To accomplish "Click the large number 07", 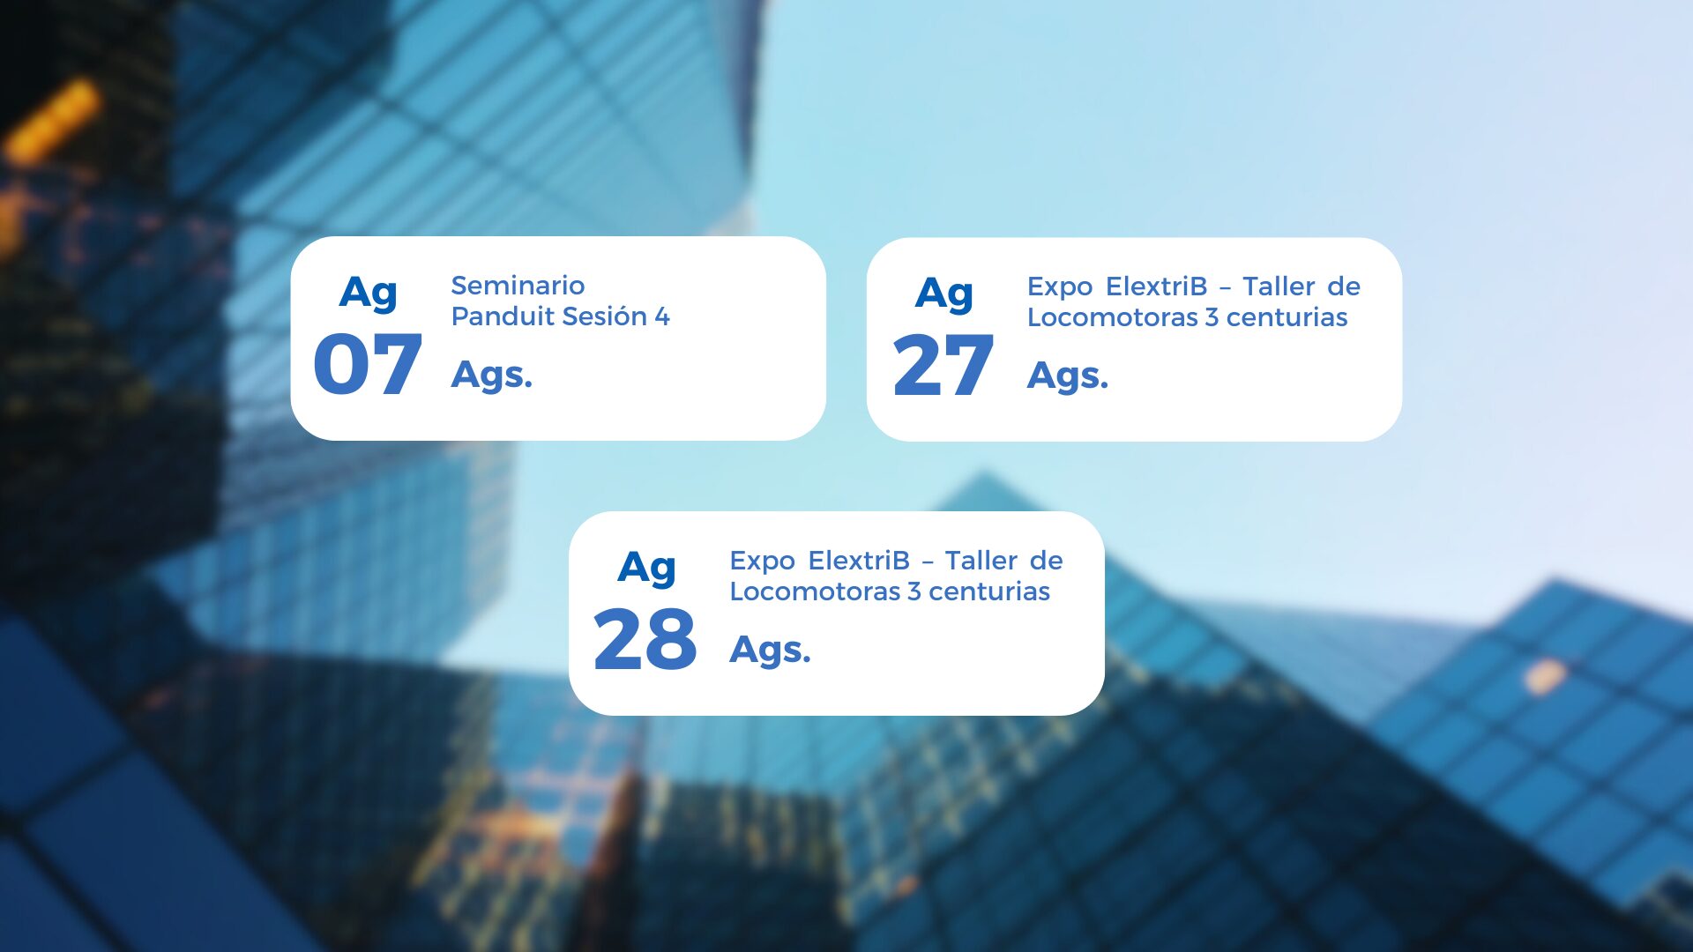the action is [368, 364].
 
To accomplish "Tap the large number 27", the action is [943, 365].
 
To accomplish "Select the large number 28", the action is [645, 639].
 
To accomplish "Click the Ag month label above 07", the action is [369, 293].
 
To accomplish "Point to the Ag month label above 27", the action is [944, 294].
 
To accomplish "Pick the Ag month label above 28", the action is [647, 568].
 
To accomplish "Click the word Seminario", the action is [518, 286].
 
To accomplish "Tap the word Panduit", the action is [503, 316].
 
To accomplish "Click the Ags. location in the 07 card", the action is [492, 376].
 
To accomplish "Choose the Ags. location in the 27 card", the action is [1068, 376].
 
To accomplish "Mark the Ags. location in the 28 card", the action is [770, 651].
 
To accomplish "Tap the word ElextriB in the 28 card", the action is [859, 561].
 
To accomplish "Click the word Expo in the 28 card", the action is [763, 562].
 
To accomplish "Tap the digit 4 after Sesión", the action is [662, 316].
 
